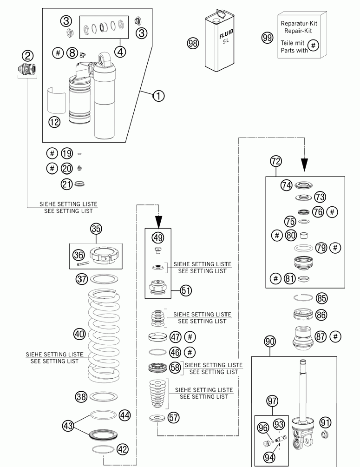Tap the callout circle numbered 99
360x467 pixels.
pyautogui.click(x=267, y=38)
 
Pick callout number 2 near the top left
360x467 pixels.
pyautogui.click(x=28, y=56)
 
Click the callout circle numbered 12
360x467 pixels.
pyautogui.click(x=54, y=122)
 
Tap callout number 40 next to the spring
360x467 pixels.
pyautogui.click(x=80, y=334)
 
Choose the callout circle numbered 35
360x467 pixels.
pyautogui.click(x=96, y=229)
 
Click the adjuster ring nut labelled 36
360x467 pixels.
pyautogui.click(x=104, y=257)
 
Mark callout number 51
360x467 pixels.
pyautogui.click(x=186, y=291)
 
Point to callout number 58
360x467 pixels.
pyautogui.click(x=175, y=368)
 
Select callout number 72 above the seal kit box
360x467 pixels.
pyautogui.click(x=276, y=161)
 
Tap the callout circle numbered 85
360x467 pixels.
pyautogui.click(x=321, y=298)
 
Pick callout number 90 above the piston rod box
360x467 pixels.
pyautogui.click(x=270, y=342)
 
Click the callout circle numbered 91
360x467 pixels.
pyautogui.click(x=325, y=422)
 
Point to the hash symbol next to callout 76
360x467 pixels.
pyautogui.click(x=332, y=211)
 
